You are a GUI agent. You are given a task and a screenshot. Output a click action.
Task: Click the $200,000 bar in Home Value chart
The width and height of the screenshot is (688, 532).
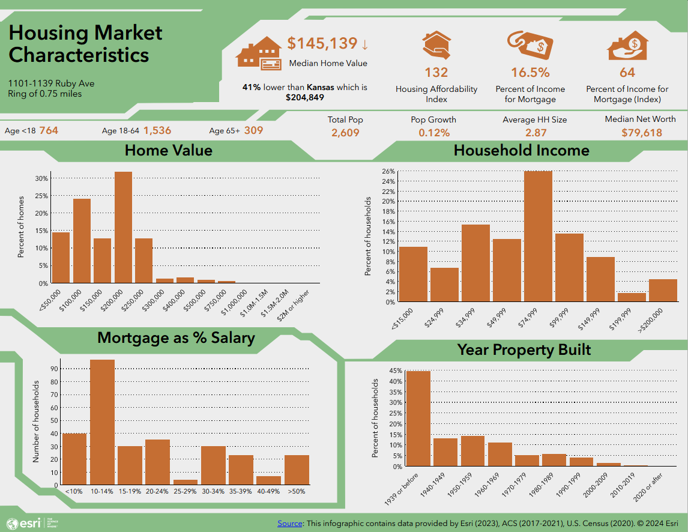pos(123,228)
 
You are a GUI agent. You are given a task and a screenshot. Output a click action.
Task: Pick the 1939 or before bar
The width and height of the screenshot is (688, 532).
pos(418,419)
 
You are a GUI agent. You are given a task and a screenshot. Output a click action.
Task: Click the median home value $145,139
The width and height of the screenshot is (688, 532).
pos(322,44)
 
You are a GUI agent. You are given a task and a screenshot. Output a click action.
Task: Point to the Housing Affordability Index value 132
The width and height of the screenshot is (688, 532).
pos(436,73)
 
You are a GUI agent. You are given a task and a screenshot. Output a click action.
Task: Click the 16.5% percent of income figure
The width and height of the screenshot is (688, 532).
pos(530,73)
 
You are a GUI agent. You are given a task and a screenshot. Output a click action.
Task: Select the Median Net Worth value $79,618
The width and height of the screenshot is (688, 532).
pos(642,132)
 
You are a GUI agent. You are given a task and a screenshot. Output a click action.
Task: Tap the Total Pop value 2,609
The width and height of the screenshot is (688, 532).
pos(345,132)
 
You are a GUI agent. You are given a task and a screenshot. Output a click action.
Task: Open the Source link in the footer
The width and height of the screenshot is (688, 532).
pos(290,524)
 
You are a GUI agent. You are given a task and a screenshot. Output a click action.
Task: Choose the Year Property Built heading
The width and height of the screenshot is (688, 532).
pos(524,349)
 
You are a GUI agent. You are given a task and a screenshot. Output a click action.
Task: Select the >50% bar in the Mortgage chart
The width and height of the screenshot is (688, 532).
pos(297,470)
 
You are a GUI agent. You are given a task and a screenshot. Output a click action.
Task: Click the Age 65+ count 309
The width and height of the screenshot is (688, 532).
pos(253,130)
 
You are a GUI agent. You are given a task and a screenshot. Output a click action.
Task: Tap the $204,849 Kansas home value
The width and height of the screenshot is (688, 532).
pos(304,97)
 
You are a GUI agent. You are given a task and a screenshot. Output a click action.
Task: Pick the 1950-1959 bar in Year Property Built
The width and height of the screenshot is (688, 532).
pos(472,451)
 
